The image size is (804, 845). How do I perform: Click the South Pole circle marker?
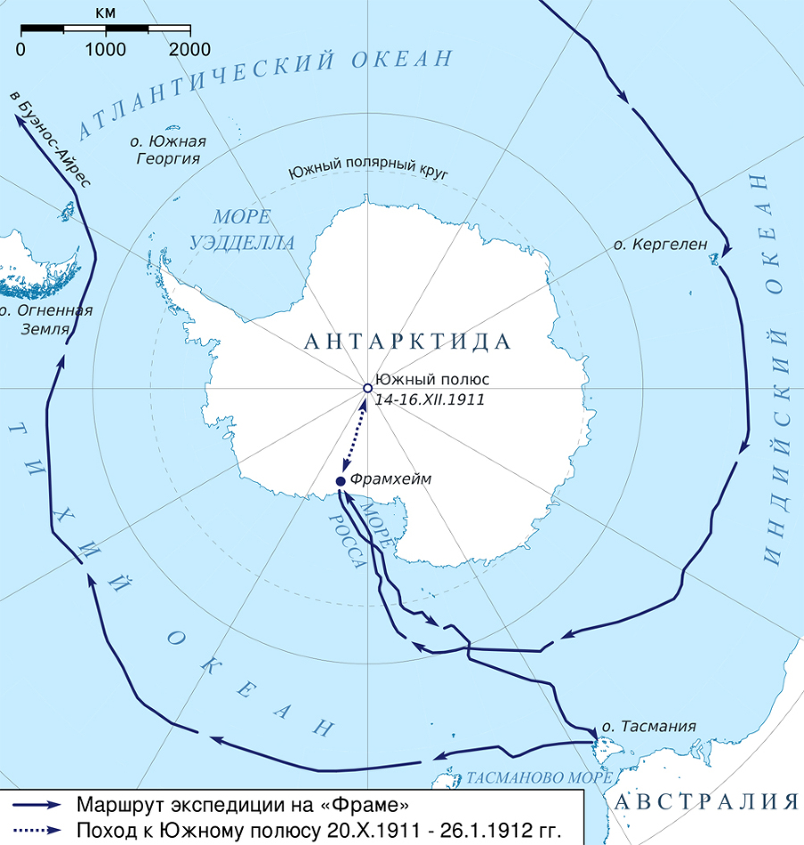367,388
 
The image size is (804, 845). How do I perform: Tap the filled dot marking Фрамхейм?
340,482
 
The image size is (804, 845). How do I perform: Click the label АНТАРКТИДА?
407,342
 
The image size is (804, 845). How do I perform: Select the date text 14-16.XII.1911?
431,401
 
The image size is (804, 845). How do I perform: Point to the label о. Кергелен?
660,243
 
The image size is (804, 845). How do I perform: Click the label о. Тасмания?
649,726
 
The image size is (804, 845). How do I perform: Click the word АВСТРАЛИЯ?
706,801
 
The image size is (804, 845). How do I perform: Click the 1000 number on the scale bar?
106,49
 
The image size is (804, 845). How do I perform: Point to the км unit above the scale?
106,13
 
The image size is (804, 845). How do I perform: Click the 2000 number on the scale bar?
190,49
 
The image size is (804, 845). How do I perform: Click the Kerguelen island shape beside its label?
714,260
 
